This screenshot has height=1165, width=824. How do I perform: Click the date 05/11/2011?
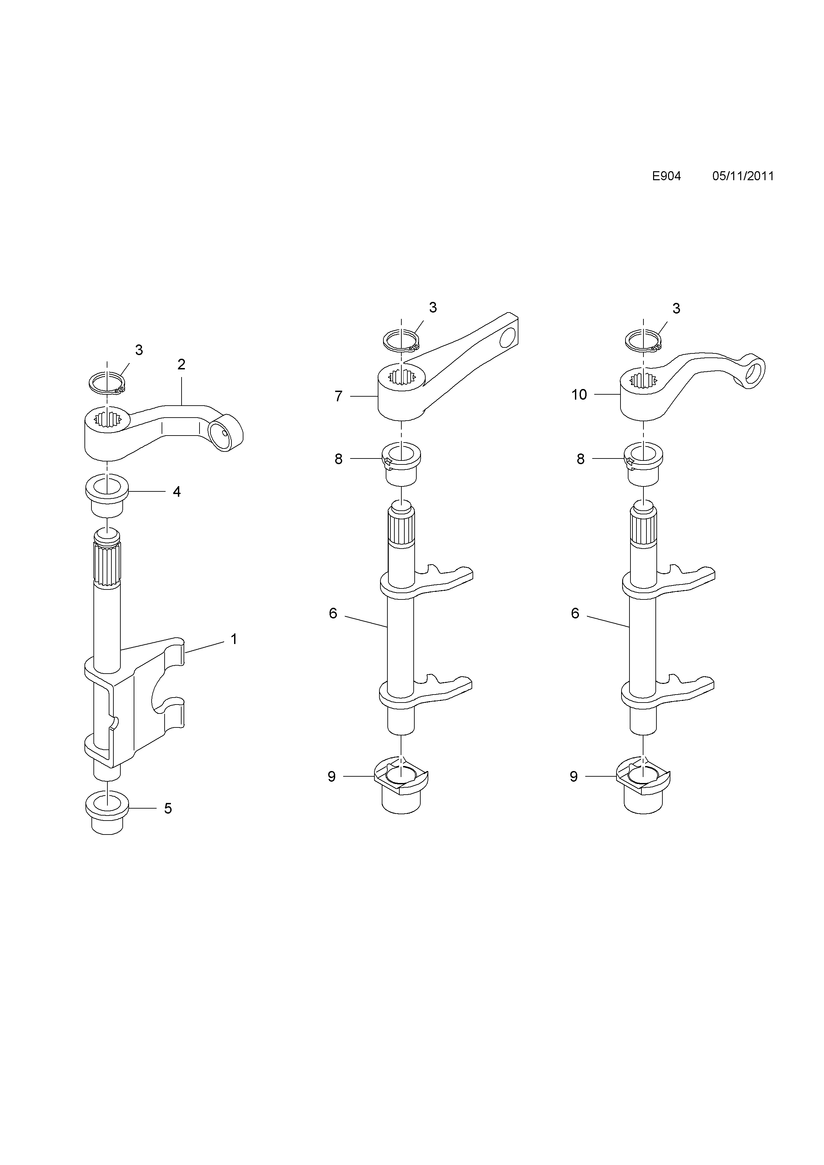[743, 176]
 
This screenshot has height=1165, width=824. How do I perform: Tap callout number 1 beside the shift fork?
[234, 639]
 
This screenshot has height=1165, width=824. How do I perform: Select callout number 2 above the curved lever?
[181, 364]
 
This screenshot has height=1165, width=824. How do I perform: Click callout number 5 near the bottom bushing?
[168, 808]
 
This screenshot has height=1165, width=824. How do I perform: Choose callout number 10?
[579, 394]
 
